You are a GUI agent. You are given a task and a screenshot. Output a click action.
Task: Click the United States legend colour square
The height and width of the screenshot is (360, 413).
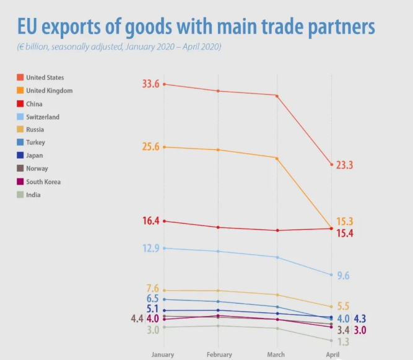coord(20,77)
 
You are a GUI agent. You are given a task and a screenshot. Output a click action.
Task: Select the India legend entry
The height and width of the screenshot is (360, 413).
coord(34,195)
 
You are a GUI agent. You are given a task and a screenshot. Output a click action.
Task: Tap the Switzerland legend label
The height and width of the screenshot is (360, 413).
coord(43,117)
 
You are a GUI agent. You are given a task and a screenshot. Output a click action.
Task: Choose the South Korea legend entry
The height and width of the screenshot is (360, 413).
coord(43,182)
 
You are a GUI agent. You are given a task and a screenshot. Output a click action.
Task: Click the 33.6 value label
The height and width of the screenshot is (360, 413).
coord(151,84)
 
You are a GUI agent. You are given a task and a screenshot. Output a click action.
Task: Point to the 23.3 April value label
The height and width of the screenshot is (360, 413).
coord(344,165)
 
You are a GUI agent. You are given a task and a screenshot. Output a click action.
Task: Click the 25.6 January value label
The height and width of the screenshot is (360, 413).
coord(151,147)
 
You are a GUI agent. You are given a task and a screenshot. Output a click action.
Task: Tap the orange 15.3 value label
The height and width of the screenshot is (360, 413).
coord(344,221)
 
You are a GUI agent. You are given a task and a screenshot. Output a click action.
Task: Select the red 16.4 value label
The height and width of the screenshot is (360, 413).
coord(151,221)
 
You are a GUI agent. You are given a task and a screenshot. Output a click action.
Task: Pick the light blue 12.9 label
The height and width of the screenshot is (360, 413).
coord(151,248)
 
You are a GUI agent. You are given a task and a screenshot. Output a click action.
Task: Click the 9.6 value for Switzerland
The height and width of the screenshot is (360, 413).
coord(343,275)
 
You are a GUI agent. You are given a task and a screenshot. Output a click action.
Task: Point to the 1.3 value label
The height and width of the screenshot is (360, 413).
coord(343,341)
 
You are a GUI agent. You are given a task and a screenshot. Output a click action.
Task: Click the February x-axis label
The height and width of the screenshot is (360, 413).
coord(219,354)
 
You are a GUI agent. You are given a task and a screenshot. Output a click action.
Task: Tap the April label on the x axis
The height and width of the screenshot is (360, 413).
coord(333,354)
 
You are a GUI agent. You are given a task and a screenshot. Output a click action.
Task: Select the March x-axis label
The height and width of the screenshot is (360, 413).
coord(276,354)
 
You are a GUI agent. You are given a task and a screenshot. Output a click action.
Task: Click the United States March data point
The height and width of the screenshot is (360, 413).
coord(277,95)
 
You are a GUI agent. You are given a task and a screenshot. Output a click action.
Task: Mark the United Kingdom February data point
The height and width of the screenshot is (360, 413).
coord(219,150)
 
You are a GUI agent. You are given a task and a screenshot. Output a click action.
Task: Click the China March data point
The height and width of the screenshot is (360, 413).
coord(277,230)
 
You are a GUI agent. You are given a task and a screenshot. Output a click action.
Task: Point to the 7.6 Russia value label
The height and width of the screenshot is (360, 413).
coord(153,289)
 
